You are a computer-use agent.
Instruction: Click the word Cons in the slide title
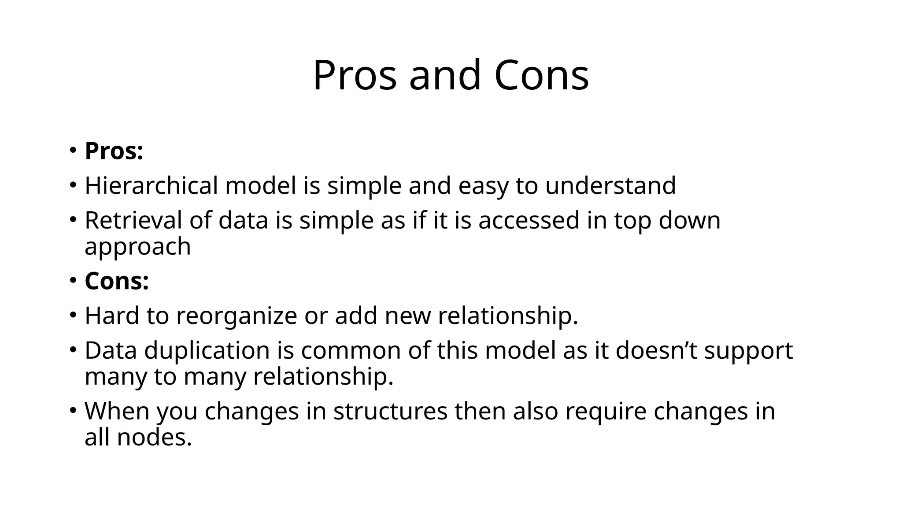541,76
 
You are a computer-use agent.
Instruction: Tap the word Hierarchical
151,185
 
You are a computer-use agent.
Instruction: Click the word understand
610,185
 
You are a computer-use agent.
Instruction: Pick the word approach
137,246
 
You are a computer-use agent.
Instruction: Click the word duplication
207,351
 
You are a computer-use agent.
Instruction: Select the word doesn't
656,351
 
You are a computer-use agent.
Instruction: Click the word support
748,351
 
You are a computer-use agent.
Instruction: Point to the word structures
390,411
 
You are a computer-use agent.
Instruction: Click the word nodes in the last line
154,437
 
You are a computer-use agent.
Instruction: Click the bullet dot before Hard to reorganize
73,315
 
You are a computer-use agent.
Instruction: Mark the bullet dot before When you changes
73,410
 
